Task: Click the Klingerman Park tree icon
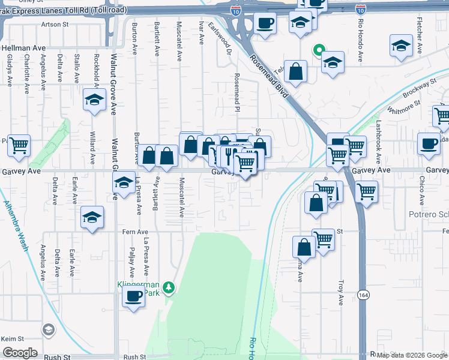click(x=170, y=289)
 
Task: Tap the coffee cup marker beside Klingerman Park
click(x=133, y=296)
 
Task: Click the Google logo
click(x=20, y=353)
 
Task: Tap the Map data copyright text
click(x=412, y=355)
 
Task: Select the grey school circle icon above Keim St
click(x=48, y=329)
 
